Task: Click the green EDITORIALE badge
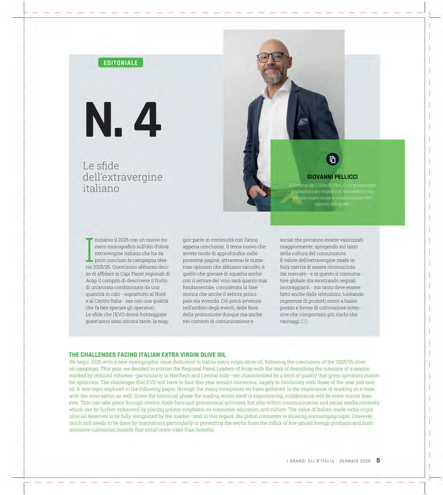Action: tap(121, 63)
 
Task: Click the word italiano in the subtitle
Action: tap(101, 188)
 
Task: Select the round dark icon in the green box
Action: tap(333, 159)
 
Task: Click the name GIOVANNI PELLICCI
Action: tap(332, 177)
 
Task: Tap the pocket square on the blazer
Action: tap(303, 122)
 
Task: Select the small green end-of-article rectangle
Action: tap(304, 322)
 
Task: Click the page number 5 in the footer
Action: tap(378, 461)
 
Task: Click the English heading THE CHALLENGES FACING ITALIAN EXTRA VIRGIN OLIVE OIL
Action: tap(147, 355)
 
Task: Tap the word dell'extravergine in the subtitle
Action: tap(122, 177)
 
